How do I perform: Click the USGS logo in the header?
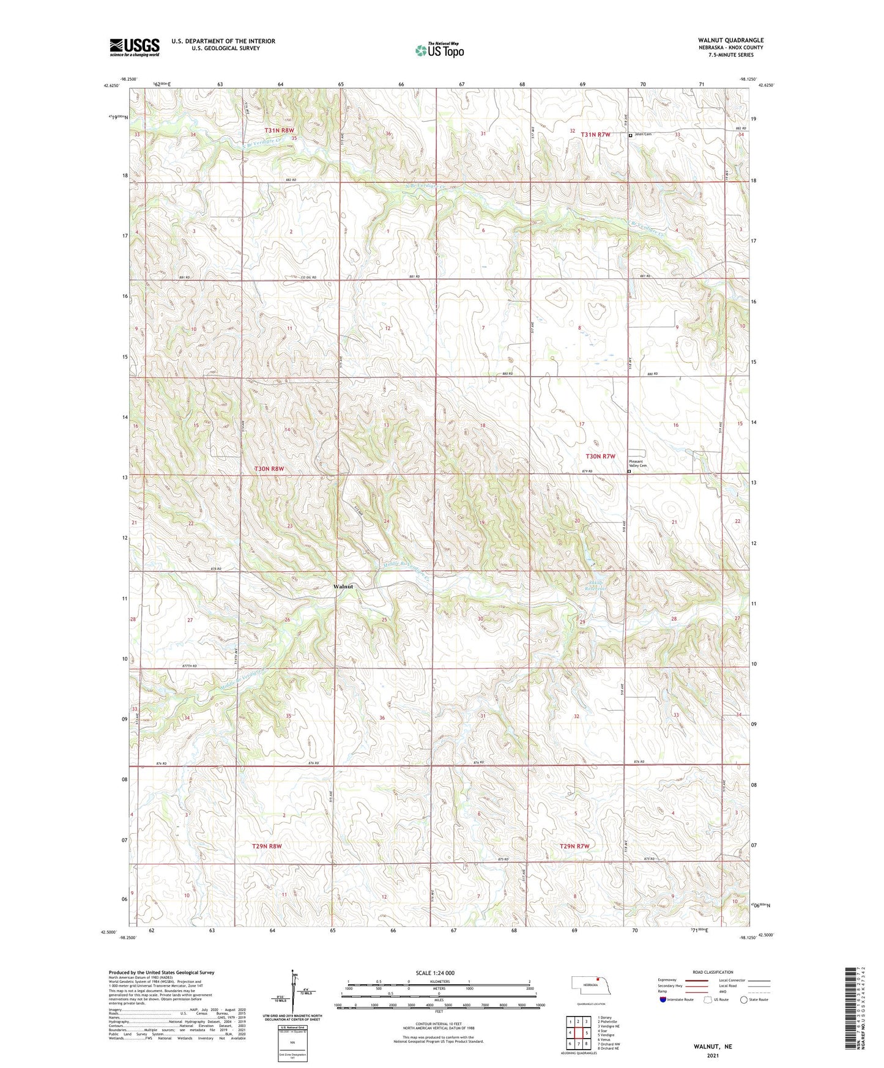coord(134,47)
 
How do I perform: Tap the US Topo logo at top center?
coord(439,50)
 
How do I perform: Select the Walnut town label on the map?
coord(343,586)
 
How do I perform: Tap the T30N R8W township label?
coord(269,469)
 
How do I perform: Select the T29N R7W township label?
coord(574,846)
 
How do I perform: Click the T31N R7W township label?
coord(595,135)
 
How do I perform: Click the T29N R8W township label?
coord(267,846)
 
